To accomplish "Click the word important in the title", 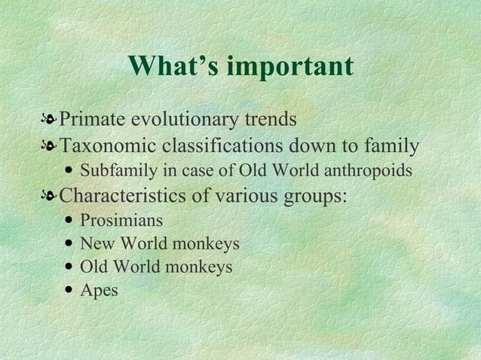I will coord(290,66).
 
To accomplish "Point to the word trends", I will coord(270,120).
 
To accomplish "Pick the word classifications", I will coord(234,145).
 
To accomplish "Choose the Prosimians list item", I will coord(121,221).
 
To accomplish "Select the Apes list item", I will coord(99,291).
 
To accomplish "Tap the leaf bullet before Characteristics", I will coord(49,197).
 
